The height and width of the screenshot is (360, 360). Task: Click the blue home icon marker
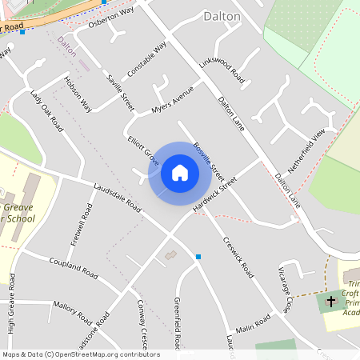click(180, 172)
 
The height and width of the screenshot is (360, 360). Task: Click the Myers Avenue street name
click(173, 100)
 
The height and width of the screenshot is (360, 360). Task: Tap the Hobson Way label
click(78, 94)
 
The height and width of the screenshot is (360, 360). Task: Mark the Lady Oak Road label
click(46, 110)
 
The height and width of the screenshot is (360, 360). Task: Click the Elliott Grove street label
click(143, 150)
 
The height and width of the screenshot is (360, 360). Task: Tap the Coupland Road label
click(73, 269)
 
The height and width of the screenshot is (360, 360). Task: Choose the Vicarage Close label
click(286, 288)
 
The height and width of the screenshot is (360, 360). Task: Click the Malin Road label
click(253, 324)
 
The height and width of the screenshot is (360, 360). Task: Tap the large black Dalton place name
click(222, 15)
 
